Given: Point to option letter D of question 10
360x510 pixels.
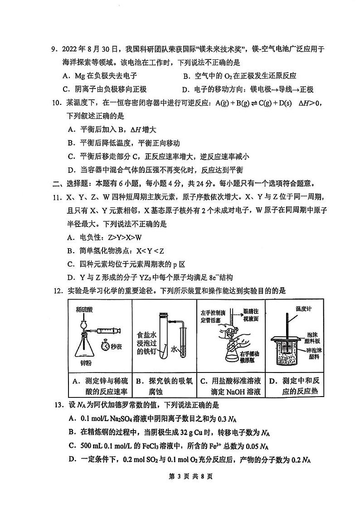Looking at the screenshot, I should pyautogui.click(x=71, y=170).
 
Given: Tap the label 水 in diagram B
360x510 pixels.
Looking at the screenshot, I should pyautogui.click(x=174, y=349).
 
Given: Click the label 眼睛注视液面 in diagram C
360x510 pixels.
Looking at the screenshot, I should pyautogui.click(x=249, y=314).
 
